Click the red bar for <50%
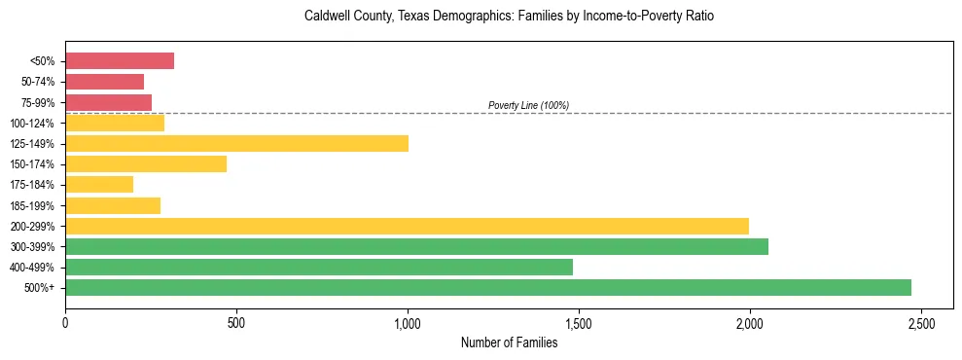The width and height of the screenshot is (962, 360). click(120, 61)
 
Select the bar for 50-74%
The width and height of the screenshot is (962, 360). click(105, 82)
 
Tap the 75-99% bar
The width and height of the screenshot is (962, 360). click(109, 102)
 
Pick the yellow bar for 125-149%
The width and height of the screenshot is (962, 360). click(236, 143)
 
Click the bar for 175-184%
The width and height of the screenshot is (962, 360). click(99, 185)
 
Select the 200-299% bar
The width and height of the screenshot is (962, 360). click(407, 226)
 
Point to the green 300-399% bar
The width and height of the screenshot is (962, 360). click(416, 246)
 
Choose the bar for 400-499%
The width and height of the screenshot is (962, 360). click(319, 267)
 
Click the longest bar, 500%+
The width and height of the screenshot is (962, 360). click(488, 287)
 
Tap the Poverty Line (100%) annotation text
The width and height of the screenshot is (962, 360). click(528, 105)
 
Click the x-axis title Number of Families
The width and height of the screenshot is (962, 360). click(509, 342)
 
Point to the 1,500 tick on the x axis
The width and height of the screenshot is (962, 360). click(578, 322)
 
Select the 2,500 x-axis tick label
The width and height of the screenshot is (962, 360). click(920, 322)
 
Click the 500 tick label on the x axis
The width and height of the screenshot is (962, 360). click(236, 322)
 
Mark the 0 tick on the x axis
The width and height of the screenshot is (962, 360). click(65, 322)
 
